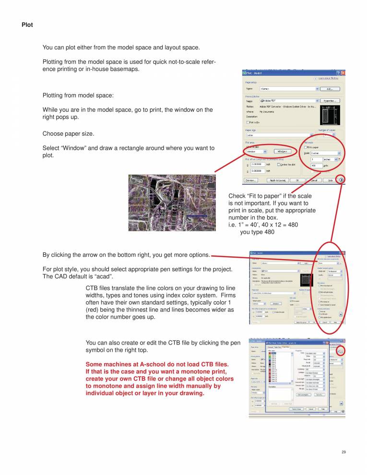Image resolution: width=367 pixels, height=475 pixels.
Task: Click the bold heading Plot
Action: coord(27,24)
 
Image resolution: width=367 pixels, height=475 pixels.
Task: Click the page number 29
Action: coord(343,452)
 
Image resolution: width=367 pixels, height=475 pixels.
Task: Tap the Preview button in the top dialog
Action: coord(250,180)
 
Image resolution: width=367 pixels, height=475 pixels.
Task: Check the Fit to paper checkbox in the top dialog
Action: coord(306,147)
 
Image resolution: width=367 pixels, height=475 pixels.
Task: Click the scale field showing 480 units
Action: coord(317,166)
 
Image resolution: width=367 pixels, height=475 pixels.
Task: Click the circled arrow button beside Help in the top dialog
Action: coord(341,180)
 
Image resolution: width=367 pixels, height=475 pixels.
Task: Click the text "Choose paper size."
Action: coord(69,133)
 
